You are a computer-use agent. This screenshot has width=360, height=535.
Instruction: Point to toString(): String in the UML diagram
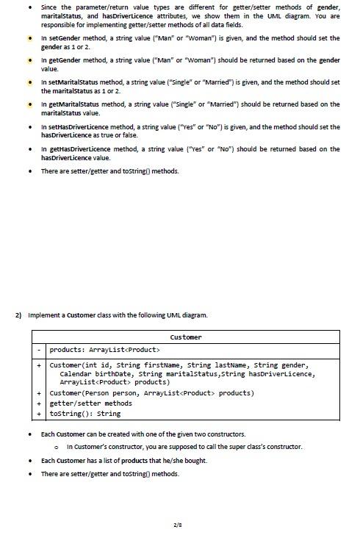tap(87, 413)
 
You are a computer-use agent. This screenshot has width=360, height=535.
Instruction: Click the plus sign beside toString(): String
tap(38, 413)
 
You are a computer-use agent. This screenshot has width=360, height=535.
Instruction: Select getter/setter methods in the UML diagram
tap(90, 403)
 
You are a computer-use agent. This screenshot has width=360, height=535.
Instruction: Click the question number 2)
tap(19, 315)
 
